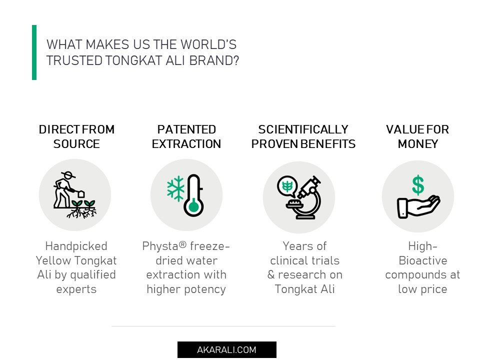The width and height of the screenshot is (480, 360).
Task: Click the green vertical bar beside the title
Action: pyautogui.click(x=34, y=52)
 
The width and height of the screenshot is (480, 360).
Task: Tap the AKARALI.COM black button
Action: pyautogui.click(x=227, y=349)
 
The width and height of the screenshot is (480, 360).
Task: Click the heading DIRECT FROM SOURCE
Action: pyautogui.click(x=76, y=136)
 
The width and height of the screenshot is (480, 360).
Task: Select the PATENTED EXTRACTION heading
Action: pyautogui.click(x=186, y=136)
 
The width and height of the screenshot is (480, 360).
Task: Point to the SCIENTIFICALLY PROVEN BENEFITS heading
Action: pyautogui.click(x=303, y=136)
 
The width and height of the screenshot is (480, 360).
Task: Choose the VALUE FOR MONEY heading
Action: pyautogui.click(x=417, y=136)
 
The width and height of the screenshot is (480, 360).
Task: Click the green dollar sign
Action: pyautogui.click(x=418, y=185)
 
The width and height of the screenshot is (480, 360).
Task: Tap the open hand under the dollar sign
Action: pyautogui.click(x=418, y=206)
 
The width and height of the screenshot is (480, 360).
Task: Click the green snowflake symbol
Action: pyautogui.click(x=175, y=188)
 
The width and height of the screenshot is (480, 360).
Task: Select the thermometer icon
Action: pyautogui.click(x=194, y=195)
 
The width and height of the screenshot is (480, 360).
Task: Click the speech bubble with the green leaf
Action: pyautogui.click(x=287, y=186)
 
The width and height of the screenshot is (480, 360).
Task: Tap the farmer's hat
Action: pyautogui.click(x=68, y=175)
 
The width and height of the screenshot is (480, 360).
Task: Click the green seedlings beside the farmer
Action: pyautogui.click(x=83, y=204)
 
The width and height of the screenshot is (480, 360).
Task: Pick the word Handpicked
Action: pyautogui.click(x=76, y=246)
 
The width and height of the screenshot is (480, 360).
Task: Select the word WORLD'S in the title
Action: pyautogui.click(x=208, y=44)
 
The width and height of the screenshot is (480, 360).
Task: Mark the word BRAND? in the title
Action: pyautogui.click(x=214, y=60)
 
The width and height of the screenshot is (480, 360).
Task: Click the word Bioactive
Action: pyautogui.click(x=423, y=260)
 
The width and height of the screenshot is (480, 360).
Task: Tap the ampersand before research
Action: pyautogui.click(x=271, y=274)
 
